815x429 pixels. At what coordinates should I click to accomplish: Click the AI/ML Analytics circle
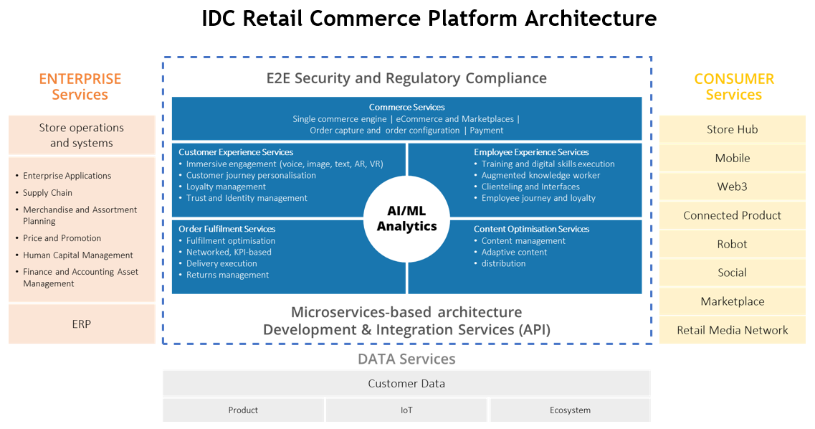pos(406,219)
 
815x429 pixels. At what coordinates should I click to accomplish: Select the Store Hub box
pos(732,129)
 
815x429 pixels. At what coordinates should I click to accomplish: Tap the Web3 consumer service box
pos(732,187)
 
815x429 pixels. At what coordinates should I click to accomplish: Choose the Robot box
pos(732,244)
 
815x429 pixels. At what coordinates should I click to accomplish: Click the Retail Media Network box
pos(732,330)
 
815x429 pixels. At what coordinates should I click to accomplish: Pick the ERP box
pos(82,324)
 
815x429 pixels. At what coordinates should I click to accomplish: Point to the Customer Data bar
pos(406,383)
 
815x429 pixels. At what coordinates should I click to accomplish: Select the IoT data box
pos(406,410)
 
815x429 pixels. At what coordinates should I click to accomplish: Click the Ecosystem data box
pos(570,410)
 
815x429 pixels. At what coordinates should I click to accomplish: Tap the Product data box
pos(243,410)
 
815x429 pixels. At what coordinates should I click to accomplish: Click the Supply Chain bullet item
pos(47,192)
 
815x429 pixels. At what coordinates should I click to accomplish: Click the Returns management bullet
pos(227,275)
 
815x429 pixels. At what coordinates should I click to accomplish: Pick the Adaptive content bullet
pos(514,252)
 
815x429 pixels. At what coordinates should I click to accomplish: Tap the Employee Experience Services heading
pos(531,152)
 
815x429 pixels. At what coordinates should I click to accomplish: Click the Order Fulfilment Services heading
pos(227,229)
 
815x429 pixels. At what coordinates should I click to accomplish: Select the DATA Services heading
pos(406,359)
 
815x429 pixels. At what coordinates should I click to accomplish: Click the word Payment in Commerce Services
pos(487,131)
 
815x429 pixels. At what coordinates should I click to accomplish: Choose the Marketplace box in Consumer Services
pos(732,301)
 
